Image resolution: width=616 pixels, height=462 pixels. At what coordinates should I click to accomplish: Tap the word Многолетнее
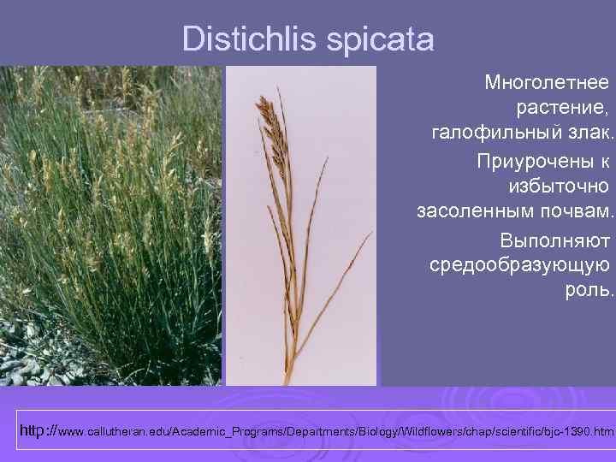(x=547, y=83)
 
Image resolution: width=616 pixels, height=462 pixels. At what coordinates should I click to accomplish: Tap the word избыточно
(x=559, y=186)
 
